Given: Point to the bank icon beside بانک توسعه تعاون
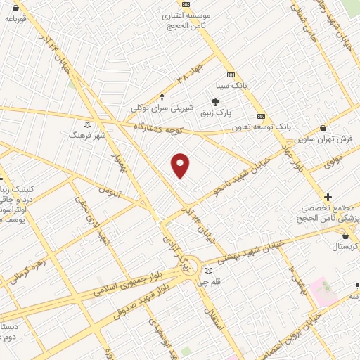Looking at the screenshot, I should click(x=262, y=116).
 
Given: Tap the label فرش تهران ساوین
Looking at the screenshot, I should click(x=322, y=139).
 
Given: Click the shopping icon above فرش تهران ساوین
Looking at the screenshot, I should click(x=323, y=129).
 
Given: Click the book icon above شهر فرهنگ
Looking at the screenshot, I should click(x=87, y=124).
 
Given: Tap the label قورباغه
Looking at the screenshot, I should click(x=15, y=19).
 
